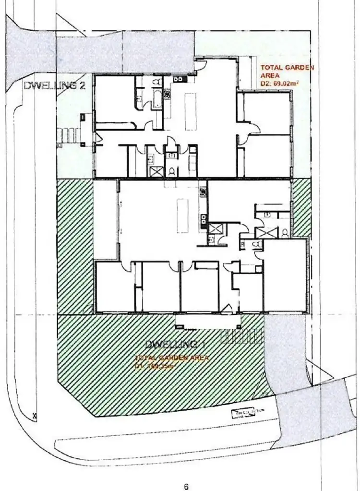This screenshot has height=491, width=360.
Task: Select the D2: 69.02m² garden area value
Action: tap(280, 83)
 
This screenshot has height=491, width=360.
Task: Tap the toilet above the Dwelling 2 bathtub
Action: tap(156, 83)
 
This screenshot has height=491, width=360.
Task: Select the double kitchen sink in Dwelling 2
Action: tap(179, 79)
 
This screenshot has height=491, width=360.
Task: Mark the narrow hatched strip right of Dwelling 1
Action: tap(301, 208)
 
